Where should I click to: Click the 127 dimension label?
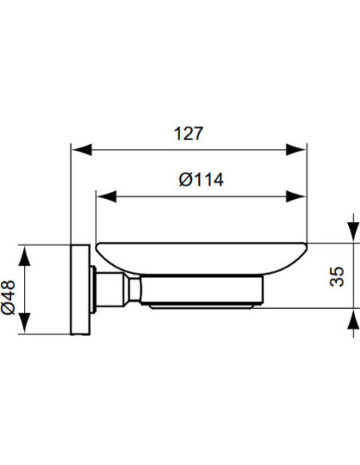coord(190,134)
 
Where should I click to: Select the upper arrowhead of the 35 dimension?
coord(351,232)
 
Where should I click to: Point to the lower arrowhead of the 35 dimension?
coord(351,320)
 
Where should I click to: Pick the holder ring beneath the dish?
coord(203,293)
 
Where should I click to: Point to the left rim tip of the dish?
coord(96,244)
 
